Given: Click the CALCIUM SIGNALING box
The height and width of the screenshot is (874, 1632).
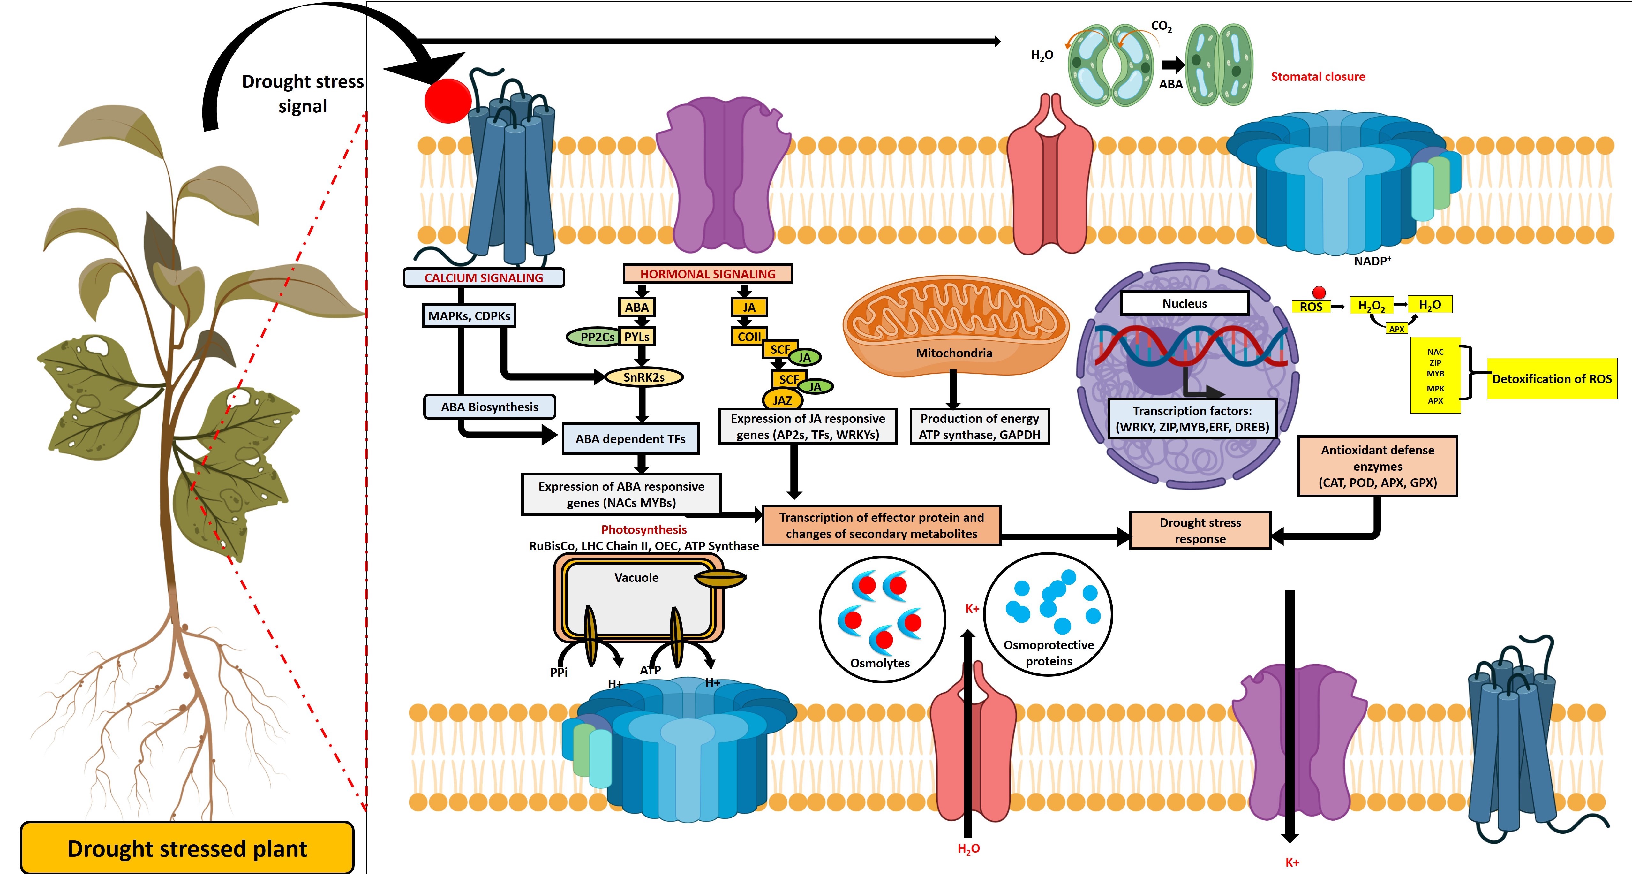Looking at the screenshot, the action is (483, 277).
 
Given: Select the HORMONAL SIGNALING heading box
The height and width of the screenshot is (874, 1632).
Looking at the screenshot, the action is (708, 274).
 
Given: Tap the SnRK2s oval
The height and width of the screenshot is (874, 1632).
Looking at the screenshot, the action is (644, 377).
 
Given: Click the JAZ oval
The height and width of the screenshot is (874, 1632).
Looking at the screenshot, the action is (782, 400).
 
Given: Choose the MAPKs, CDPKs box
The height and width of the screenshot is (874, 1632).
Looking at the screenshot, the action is (469, 315).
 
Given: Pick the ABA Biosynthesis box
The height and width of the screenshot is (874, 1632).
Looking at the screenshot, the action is (490, 407).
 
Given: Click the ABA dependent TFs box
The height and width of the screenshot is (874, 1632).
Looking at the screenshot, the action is (630, 438).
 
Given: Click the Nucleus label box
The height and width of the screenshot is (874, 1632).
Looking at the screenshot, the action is (1184, 303).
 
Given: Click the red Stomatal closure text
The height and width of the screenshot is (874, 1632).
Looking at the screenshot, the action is (1318, 77).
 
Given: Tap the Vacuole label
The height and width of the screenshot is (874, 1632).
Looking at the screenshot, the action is (636, 577).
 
